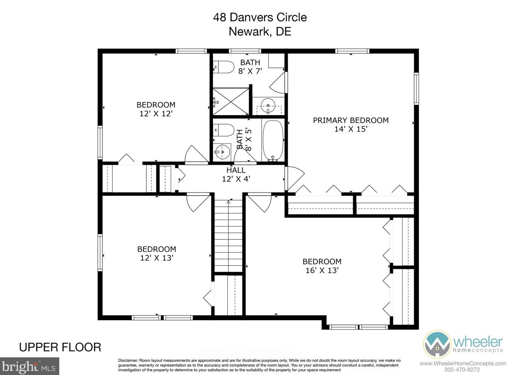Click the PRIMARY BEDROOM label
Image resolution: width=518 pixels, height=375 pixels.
pos(351,120)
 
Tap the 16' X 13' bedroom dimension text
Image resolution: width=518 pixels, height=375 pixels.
pos(322,270)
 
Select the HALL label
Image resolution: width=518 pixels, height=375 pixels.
pos(236,170)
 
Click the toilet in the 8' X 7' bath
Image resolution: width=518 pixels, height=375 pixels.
pos(224,67)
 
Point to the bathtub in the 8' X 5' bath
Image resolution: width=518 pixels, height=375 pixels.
pos(273,140)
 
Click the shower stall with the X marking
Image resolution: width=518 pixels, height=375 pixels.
pos(231,102)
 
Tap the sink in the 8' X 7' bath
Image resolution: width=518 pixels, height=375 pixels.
pos(268,107)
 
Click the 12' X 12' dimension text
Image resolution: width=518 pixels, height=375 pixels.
pos(156,114)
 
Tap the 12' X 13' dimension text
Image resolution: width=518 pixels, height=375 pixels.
pos(157,258)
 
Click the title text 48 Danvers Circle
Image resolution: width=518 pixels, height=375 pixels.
pos(260,17)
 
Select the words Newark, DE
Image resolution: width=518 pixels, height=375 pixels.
pos(260,31)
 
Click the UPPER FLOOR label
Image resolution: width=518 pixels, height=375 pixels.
pos(60,347)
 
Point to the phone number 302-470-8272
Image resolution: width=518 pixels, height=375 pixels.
pos(462,370)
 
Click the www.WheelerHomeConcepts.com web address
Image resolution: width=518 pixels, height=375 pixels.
pos(462,363)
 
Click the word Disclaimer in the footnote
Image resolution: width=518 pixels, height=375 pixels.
pos(128,360)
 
